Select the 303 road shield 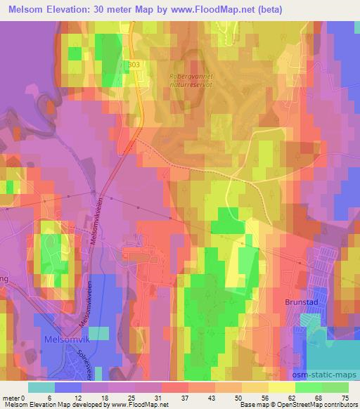[x=134, y=65]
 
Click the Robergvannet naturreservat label [x=189, y=83]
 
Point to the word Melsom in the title [x=29, y=9]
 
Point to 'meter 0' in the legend [x=15, y=397]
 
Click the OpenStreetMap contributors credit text [x=322, y=405]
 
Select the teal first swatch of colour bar [x=40, y=387]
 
